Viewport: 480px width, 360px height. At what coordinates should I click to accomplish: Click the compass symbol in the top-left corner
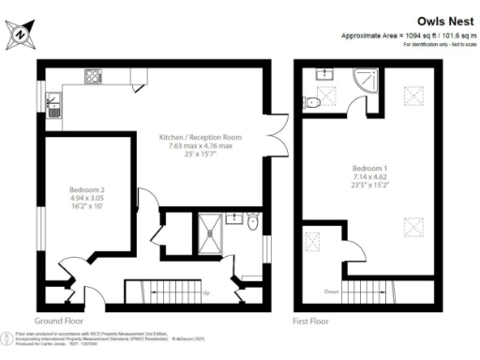pyautogui.click(x=21, y=35)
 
